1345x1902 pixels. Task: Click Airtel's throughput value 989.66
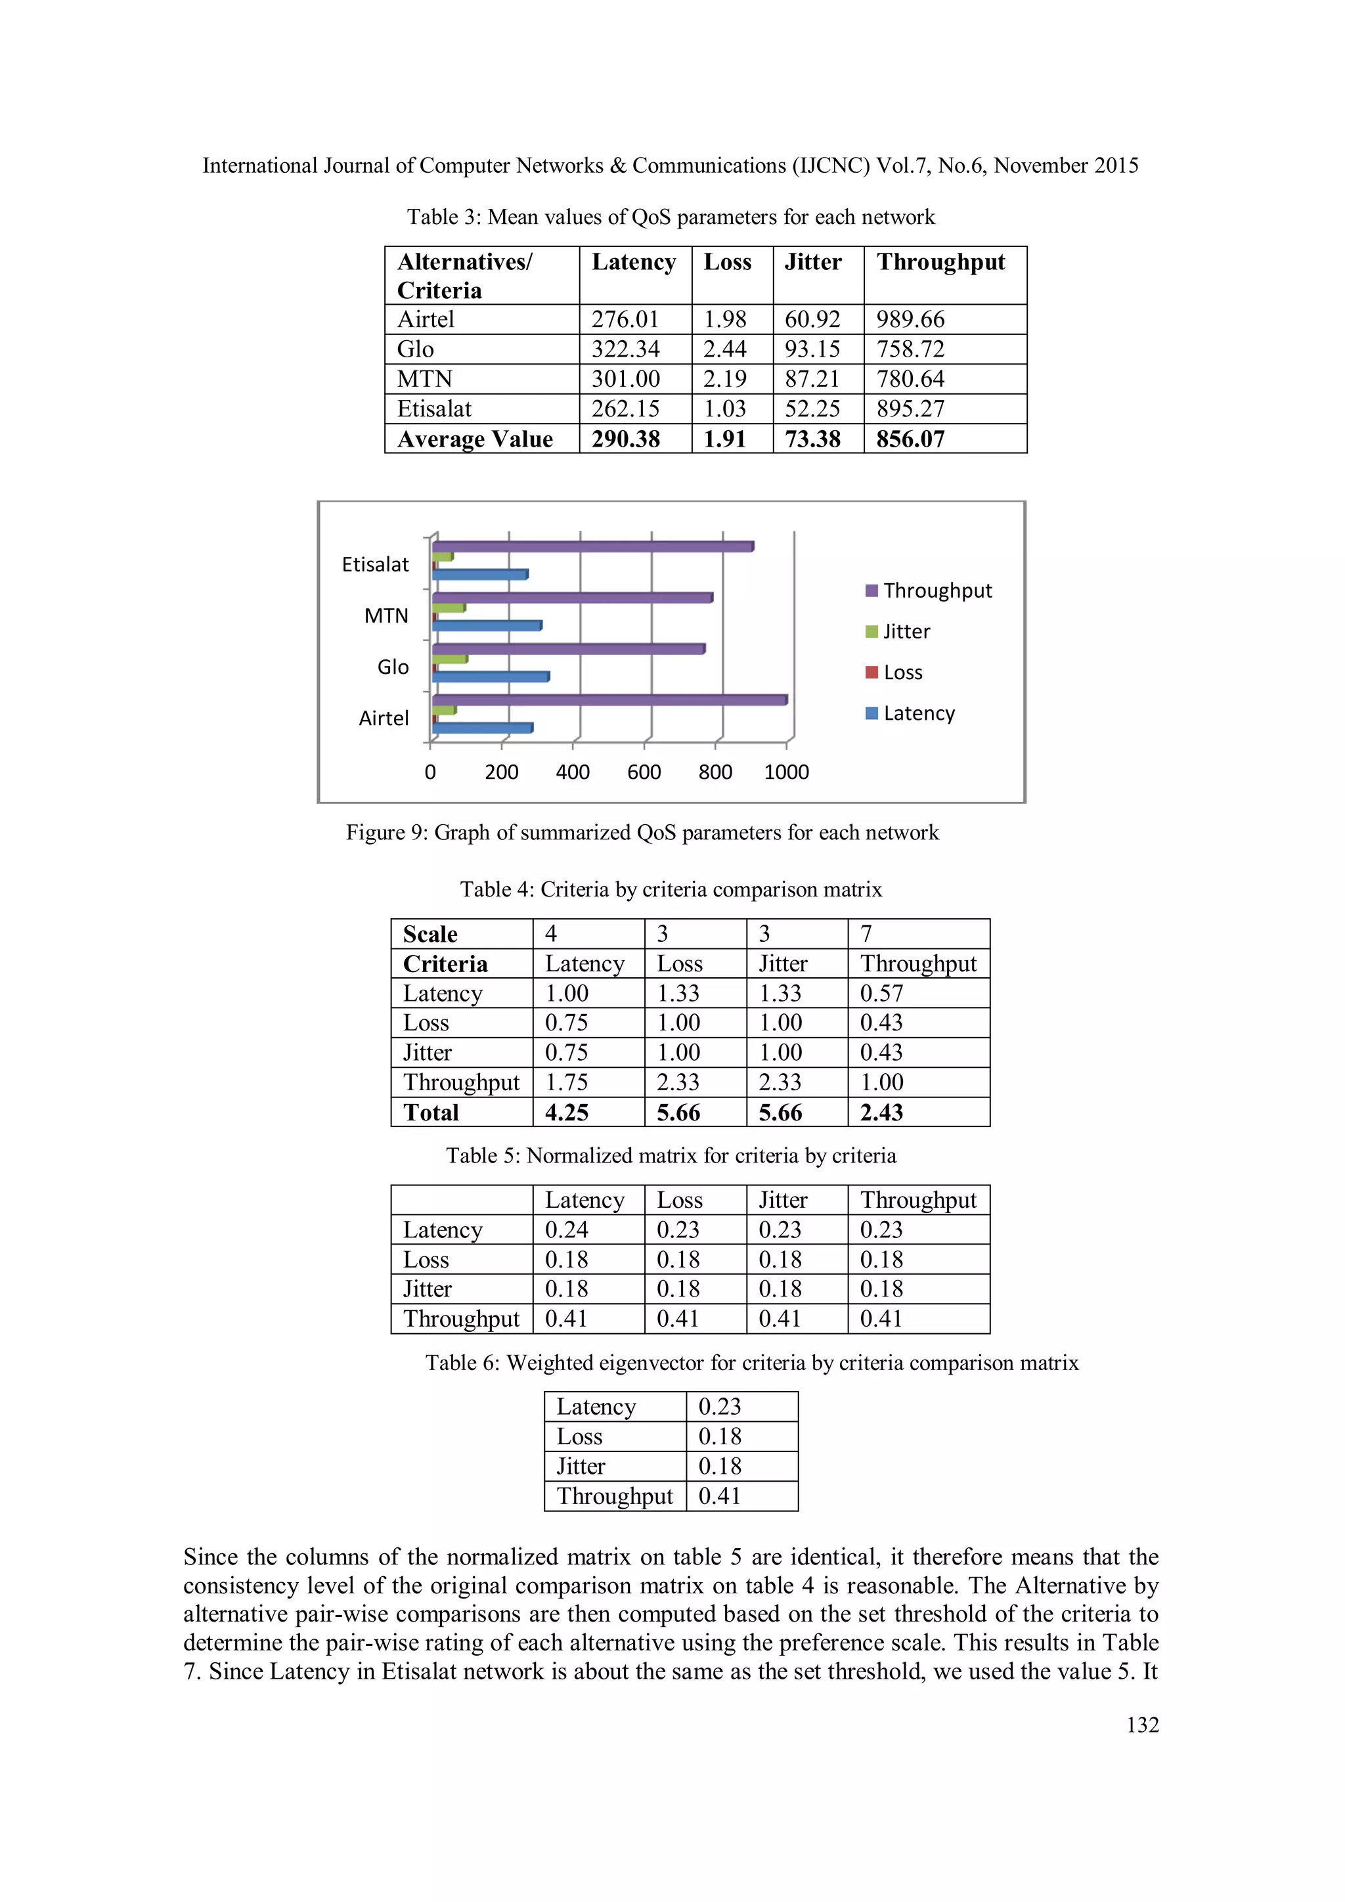coord(910,319)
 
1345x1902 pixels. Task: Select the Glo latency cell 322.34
coord(625,349)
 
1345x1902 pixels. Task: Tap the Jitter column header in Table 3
coord(812,262)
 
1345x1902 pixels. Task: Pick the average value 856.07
coord(910,439)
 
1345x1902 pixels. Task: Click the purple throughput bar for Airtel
coord(609,700)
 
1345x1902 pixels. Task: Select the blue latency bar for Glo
coord(491,677)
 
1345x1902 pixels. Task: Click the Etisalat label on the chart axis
coord(375,564)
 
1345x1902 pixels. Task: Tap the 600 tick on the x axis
coord(644,772)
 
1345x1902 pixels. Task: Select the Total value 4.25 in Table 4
coord(567,1113)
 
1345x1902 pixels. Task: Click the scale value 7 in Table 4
coord(866,934)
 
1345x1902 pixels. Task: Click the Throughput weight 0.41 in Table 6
coord(719,1496)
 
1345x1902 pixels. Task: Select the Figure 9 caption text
coord(642,833)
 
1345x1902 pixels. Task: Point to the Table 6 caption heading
coord(751,1363)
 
